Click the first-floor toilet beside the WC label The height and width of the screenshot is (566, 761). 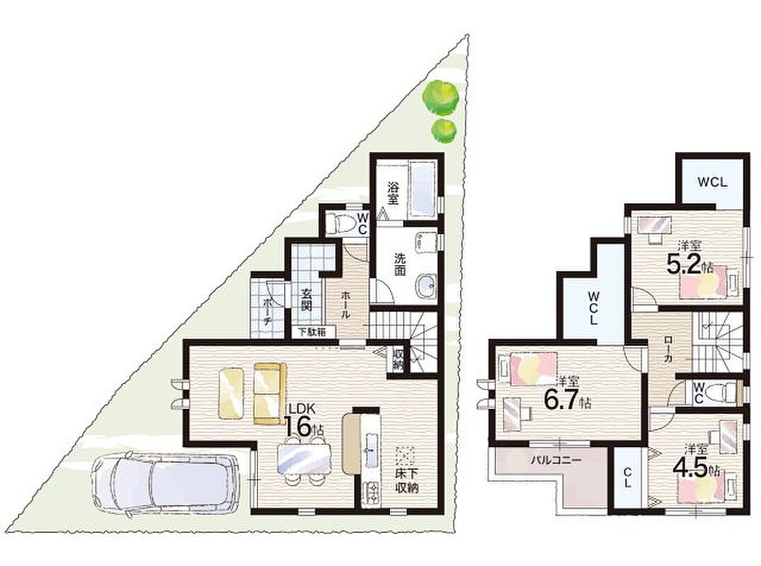click(339, 224)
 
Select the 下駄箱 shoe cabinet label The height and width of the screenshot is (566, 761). click(316, 333)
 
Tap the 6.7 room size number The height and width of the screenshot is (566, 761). click(561, 399)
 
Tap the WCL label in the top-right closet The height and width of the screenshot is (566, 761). click(712, 183)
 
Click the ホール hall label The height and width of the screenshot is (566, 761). click(345, 304)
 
